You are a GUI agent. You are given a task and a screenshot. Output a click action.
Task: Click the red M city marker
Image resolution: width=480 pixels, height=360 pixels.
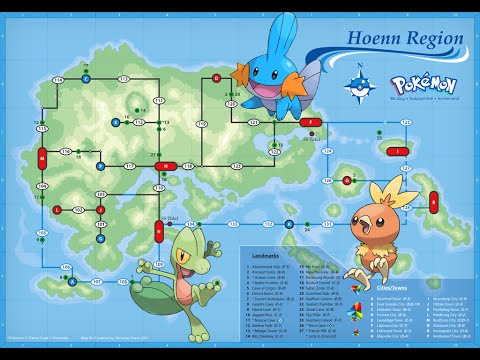click(x=43, y=159)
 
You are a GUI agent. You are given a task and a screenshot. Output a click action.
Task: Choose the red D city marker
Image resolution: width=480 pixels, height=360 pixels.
click(x=216, y=78)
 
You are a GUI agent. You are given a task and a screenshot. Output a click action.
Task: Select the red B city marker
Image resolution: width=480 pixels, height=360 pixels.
click(x=434, y=201)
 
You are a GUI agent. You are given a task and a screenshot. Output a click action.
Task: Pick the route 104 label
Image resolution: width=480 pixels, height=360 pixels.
click(x=43, y=186)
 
